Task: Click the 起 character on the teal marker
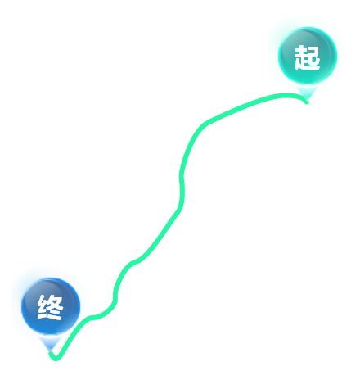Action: click(307, 57)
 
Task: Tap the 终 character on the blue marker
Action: click(51, 307)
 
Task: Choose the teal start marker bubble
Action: click(308, 56)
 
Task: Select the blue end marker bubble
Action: click(51, 306)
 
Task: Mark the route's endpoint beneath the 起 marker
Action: click(307, 102)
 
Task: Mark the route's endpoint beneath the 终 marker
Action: click(51, 354)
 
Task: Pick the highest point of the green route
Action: click(286, 95)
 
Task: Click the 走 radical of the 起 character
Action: click(300, 58)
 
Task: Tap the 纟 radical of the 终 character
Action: click(43, 307)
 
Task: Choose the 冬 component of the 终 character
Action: click(56, 307)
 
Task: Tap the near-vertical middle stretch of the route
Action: click(182, 188)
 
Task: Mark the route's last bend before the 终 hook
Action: click(92, 318)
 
